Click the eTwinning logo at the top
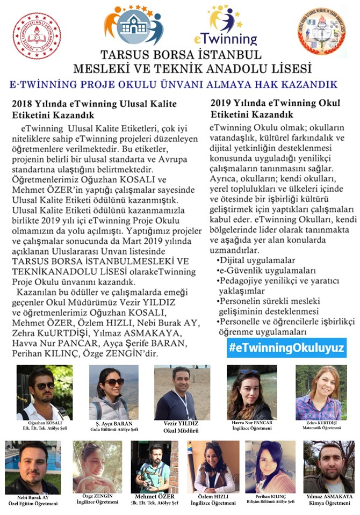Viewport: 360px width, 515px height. click(233, 26)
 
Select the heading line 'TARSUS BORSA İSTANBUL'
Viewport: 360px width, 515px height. click(181, 55)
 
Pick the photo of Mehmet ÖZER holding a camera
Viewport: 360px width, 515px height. click(154, 468)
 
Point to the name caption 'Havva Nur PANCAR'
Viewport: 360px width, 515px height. click(251, 423)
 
